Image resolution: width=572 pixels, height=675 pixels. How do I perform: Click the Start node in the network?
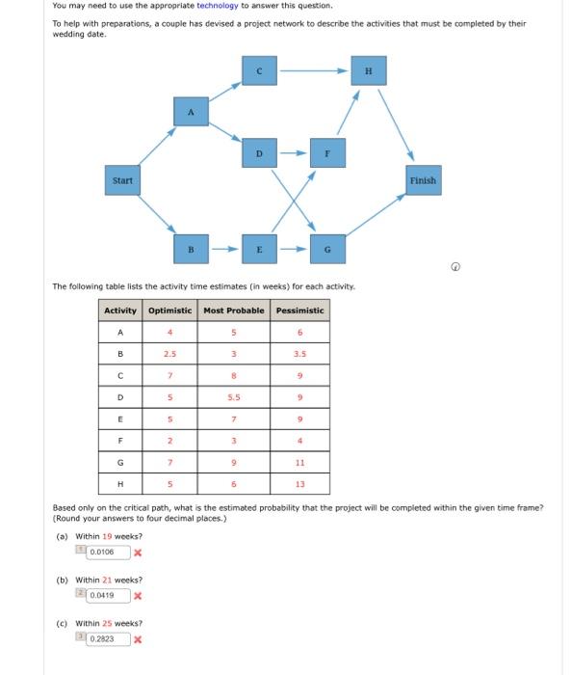(x=122, y=180)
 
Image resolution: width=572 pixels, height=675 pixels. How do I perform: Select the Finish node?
(x=422, y=180)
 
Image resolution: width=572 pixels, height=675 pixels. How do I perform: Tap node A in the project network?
(x=191, y=112)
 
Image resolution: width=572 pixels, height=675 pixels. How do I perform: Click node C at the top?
(x=259, y=70)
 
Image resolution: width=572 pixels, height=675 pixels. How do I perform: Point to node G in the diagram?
(x=328, y=249)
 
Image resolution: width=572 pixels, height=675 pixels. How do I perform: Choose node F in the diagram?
(x=327, y=152)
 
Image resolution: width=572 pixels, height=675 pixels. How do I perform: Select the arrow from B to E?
(x=224, y=249)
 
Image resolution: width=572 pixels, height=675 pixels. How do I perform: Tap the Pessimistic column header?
(x=300, y=310)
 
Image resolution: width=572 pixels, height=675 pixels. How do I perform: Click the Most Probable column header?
(x=234, y=310)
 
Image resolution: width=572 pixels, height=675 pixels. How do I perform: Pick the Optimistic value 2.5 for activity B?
(x=170, y=353)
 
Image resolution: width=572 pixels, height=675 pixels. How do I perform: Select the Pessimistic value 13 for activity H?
(x=300, y=483)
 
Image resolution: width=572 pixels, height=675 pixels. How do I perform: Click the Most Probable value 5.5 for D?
(x=234, y=396)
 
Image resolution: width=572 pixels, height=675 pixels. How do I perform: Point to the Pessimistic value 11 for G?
(x=300, y=462)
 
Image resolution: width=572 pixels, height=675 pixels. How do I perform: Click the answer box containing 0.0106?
(x=103, y=553)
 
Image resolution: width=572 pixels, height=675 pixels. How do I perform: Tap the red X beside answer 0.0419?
(x=138, y=596)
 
